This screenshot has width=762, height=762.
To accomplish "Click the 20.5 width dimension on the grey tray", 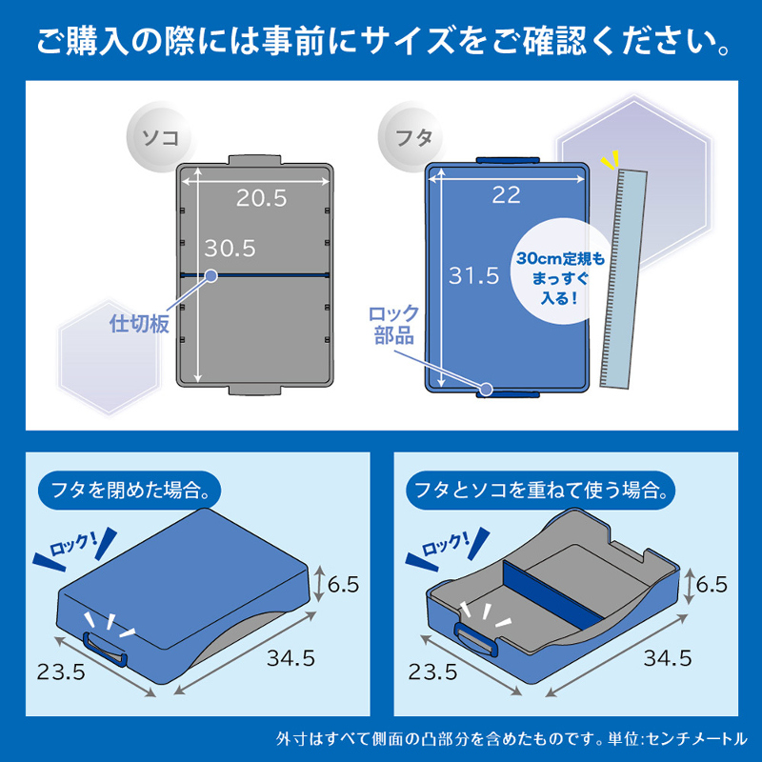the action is coord(261,198).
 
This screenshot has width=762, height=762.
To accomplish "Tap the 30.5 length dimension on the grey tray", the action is coord(230,249).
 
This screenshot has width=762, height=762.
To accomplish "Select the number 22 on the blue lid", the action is coord(507,195).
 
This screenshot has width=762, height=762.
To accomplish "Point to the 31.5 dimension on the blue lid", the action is coord(473,275).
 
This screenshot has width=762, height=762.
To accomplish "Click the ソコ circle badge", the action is coord(159,137).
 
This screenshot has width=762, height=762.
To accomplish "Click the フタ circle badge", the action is coord(412,137).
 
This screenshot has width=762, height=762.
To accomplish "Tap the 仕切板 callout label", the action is coord(139,324).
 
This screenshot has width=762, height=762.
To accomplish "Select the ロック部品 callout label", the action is coord(393,324).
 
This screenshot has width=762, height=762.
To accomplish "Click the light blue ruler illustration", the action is coord(624,279).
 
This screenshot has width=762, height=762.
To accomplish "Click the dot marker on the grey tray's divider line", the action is coord(211,275).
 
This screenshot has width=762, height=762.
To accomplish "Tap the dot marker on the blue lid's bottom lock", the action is coord(486,389).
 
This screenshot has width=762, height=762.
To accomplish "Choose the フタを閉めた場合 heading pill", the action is coord(130,490).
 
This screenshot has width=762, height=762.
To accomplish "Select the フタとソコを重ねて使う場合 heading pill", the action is coord(541,490).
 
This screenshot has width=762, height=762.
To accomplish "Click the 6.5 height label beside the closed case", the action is coord(343,584).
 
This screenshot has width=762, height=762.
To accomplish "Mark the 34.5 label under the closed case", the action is coord(291,658).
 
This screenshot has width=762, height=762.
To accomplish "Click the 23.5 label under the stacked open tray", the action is coord(432,672).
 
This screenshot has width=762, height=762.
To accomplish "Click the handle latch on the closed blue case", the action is coord(105,649).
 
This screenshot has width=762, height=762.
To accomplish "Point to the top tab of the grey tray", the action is coord(254,160).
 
